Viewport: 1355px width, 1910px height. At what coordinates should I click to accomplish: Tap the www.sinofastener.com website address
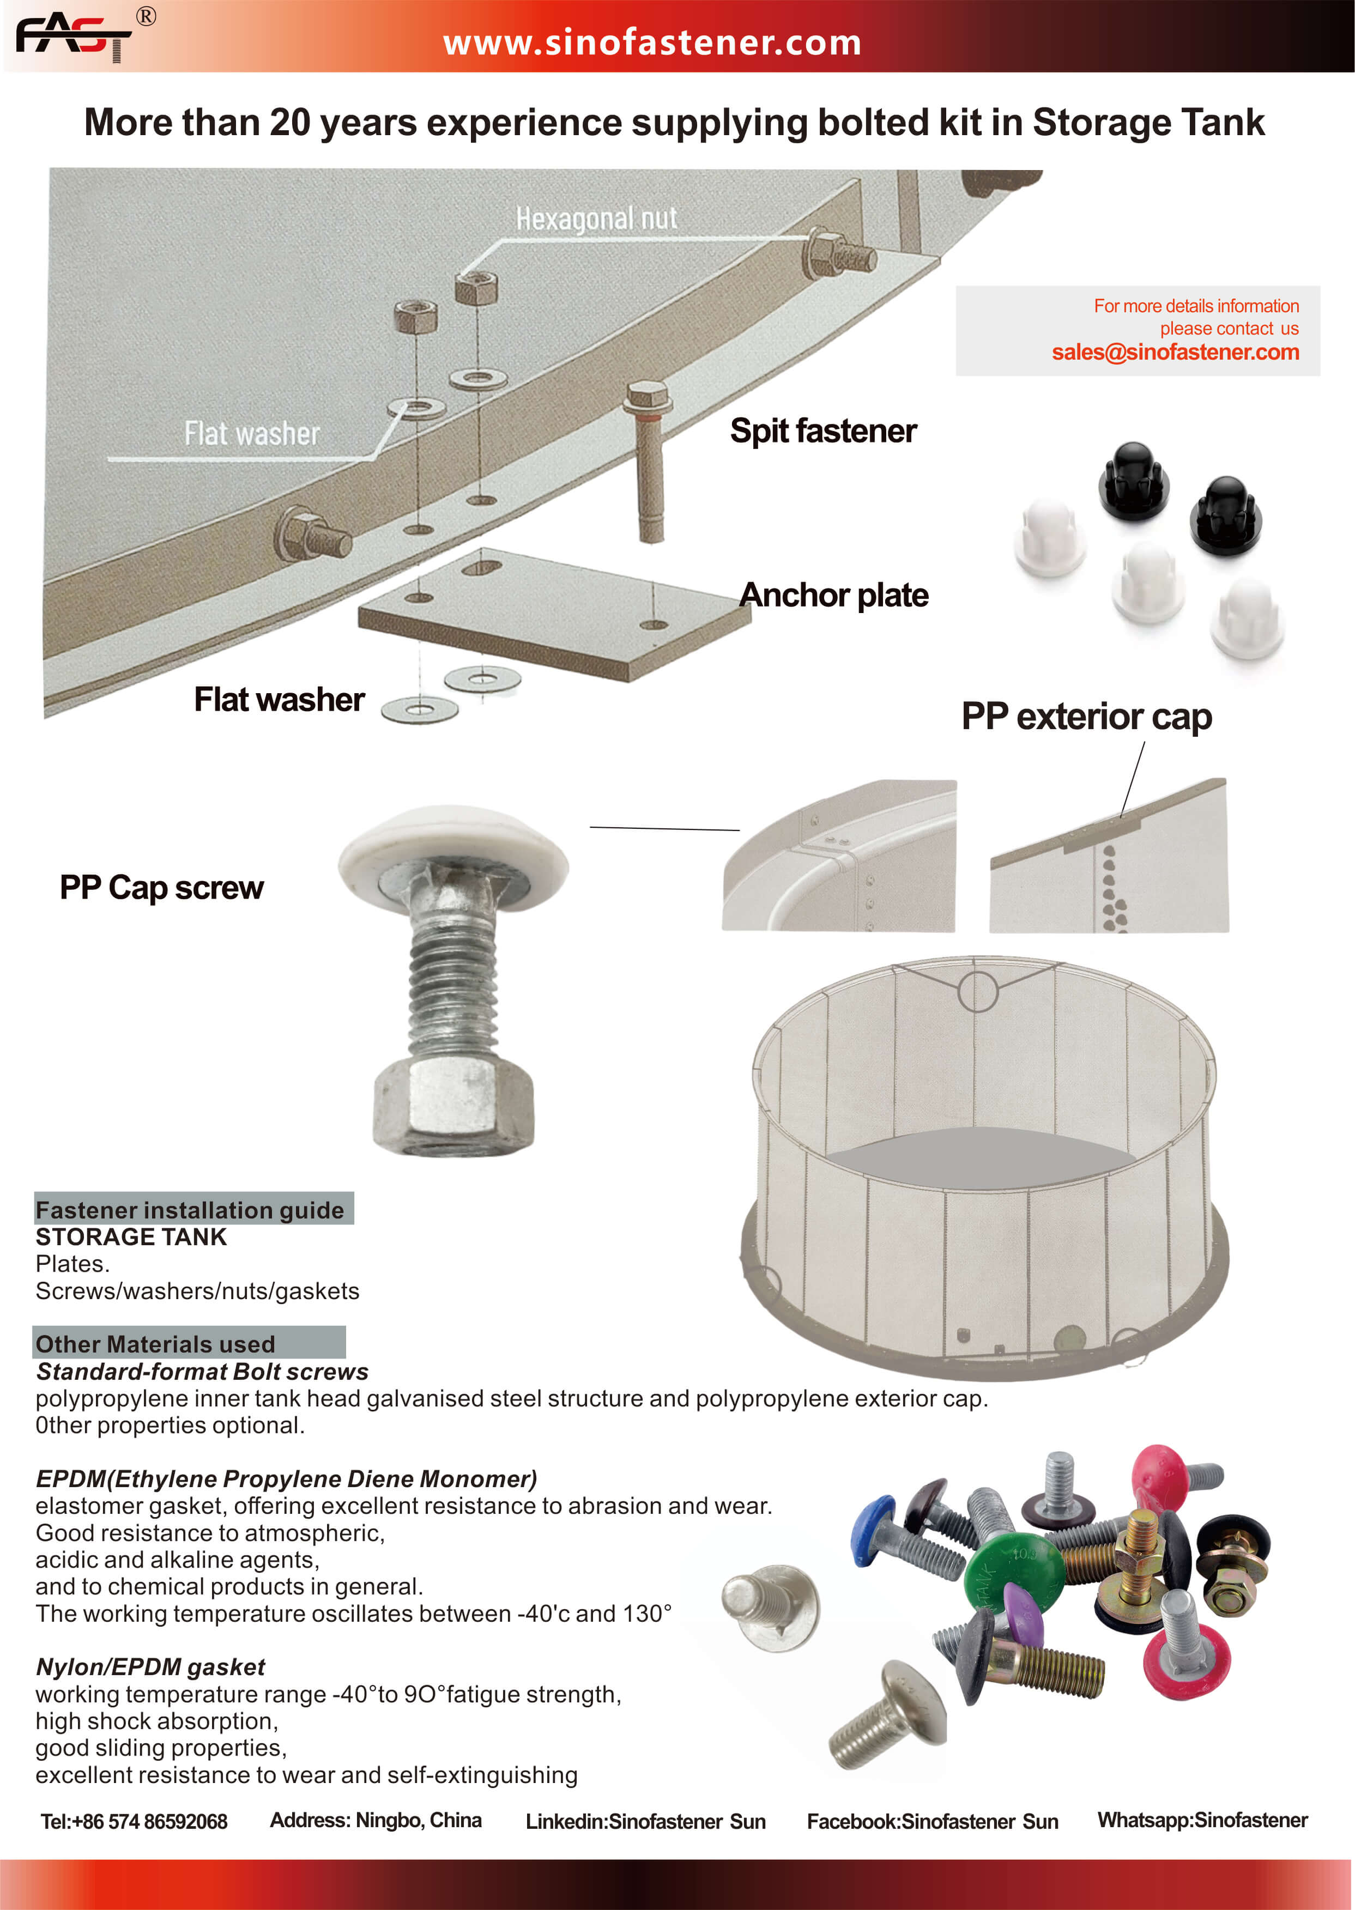(x=652, y=43)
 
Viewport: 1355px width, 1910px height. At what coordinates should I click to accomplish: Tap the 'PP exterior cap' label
(x=1086, y=717)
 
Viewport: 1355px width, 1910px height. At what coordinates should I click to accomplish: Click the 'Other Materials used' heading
(x=155, y=1344)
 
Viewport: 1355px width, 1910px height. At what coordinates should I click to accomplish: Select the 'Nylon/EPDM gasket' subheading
(x=150, y=1666)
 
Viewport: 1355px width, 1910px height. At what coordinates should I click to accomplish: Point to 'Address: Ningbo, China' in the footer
(x=376, y=1821)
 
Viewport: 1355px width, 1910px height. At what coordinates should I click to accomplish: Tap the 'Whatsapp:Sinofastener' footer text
(x=1202, y=1821)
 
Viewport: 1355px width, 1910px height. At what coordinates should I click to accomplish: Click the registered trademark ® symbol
(x=146, y=17)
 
